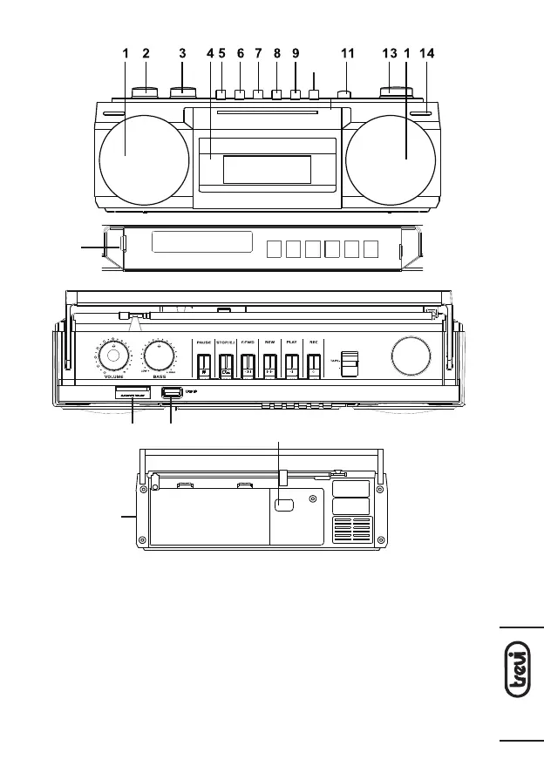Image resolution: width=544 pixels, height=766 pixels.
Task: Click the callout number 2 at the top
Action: point(146,53)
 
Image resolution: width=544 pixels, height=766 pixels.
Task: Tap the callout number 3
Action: point(182,53)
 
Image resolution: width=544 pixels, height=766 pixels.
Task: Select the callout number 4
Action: point(210,53)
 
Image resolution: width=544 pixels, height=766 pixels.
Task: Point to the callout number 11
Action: point(348,53)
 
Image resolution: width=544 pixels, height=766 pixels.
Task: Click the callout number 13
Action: point(390,53)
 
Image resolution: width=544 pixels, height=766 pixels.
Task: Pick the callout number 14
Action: point(426,53)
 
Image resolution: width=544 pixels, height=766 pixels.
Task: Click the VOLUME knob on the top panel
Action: point(112,355)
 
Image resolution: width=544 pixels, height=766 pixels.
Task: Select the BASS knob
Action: point(159,355)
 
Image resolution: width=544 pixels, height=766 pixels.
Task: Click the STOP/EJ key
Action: point(225,364)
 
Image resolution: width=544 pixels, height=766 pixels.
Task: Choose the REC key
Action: point(313,364)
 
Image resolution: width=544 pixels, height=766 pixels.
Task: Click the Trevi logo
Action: point(521,684)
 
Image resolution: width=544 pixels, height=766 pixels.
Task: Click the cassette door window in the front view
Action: point(266,169)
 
